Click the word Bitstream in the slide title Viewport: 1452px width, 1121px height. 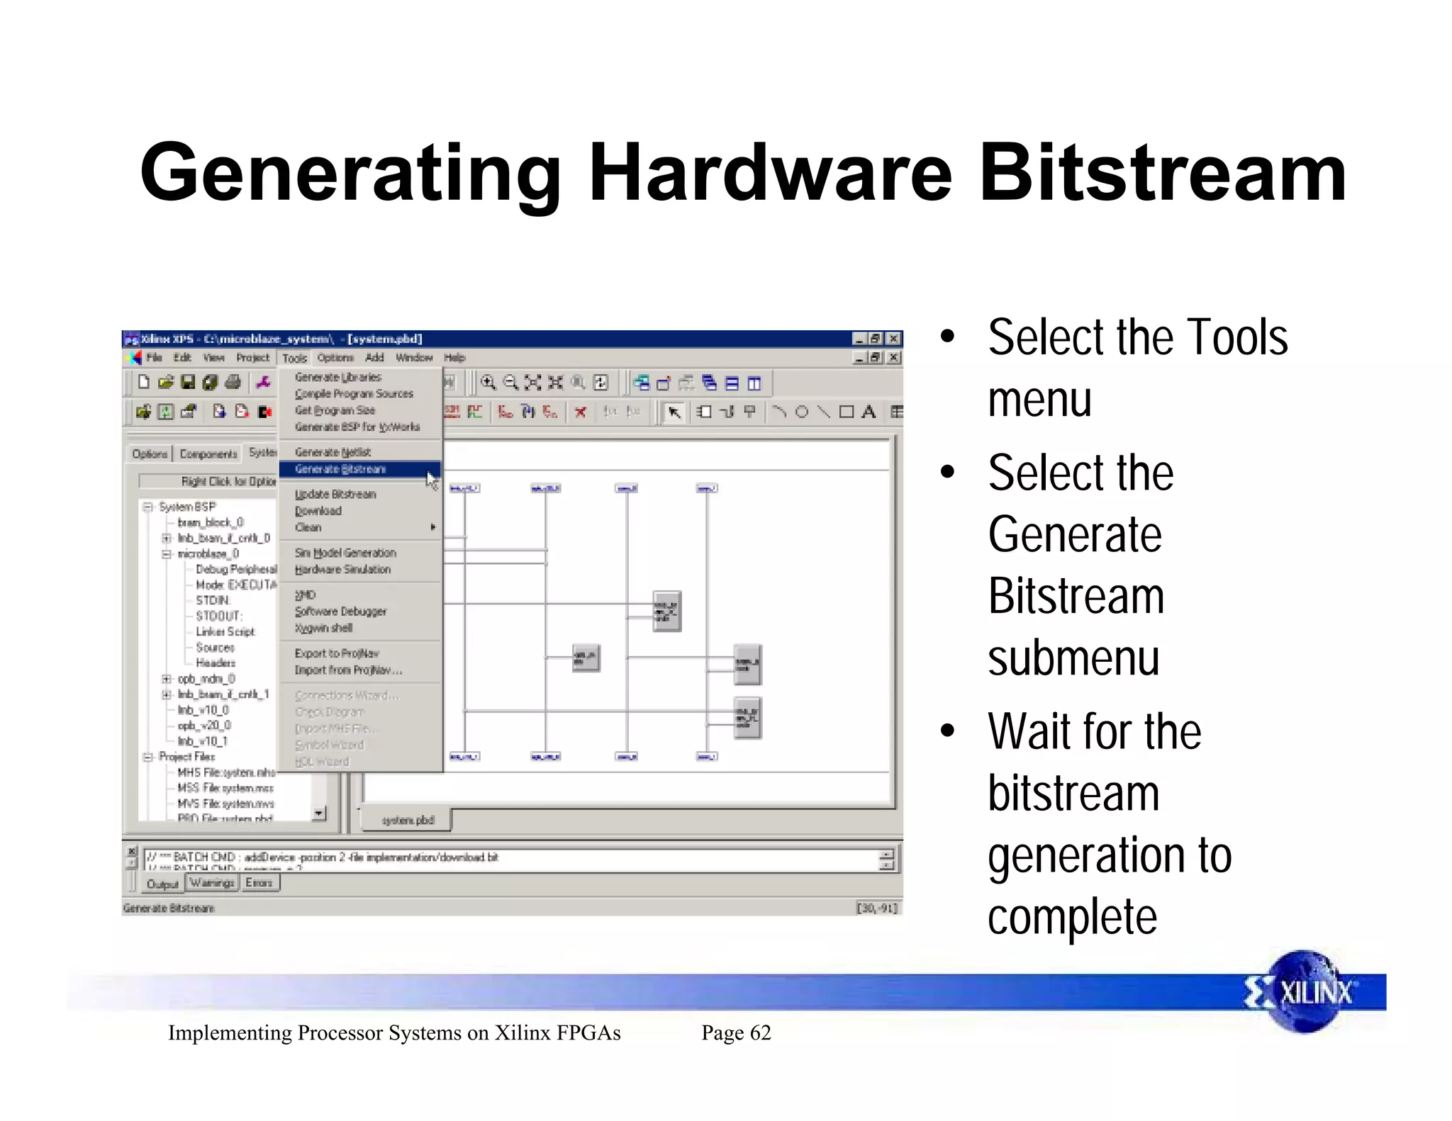point(1163,174)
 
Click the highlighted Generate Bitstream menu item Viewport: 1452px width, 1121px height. point(340,469)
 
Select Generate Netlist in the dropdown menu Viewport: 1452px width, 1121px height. point(333,452)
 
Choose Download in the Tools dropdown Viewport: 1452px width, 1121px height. point(318,511)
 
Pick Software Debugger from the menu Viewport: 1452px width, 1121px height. point(340,612)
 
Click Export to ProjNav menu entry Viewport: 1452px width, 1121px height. point(337,653)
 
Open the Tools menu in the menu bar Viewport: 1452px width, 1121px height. point(294,358)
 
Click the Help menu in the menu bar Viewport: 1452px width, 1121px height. point(454,358)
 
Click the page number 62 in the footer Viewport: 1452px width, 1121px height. point(760,1033)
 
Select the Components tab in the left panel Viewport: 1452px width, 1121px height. point(208,454)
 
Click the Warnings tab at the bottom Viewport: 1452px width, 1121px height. point(212,883)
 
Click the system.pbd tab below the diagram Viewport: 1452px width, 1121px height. point(408,820)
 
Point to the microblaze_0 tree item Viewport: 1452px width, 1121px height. point(208,553)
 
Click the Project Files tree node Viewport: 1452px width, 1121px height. point(186,757)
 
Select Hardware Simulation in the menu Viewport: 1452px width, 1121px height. point(342,570)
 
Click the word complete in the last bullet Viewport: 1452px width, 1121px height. point(1072,918)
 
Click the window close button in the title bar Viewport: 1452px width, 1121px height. point(894,339)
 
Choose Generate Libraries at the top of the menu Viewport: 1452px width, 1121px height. point(337,377)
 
